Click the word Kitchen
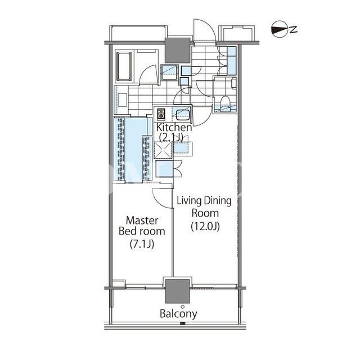coord(174,128)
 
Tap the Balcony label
coord(178,314)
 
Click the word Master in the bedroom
coord(142,220)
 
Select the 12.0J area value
coord(205,227)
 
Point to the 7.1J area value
coord(142,244)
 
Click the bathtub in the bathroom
coord(124,66)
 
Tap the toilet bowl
coord(225,101)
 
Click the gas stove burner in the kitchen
coord(161,114)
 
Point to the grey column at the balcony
coord(178,291)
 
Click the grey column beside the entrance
coord(178,50)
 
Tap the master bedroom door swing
coord(161,199)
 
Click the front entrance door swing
coord(204,30)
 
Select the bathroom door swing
coord(148,75)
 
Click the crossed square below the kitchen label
coord(163,150)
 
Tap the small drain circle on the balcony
coord(182,307)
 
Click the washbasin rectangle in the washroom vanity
coord(123,100)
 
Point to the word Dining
coord(218,201)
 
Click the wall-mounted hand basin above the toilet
coord(234,83)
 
